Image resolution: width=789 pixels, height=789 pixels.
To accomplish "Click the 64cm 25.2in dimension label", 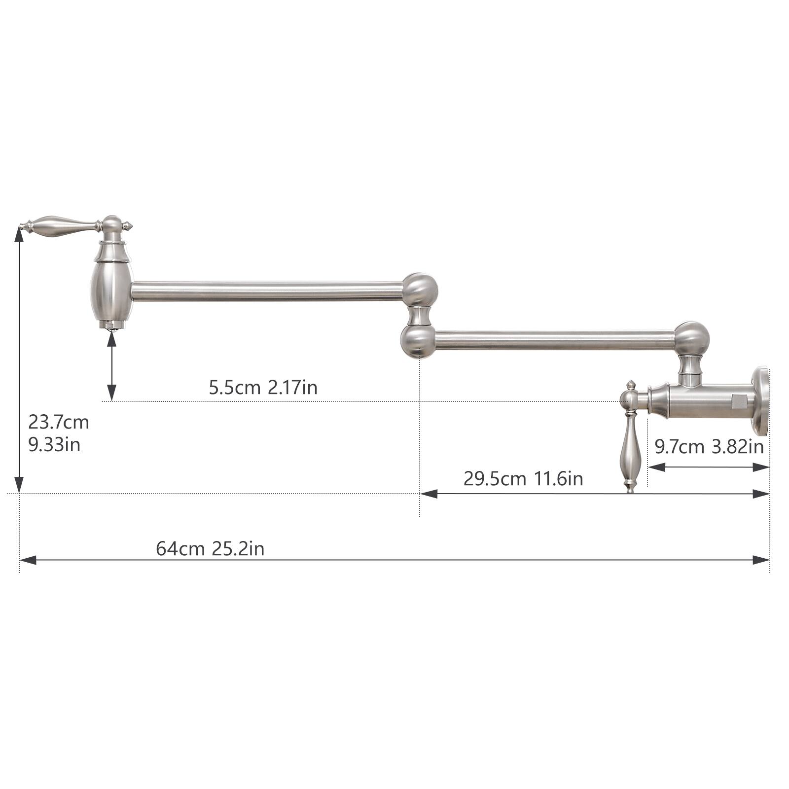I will pyautogui.click(x=210, y=548).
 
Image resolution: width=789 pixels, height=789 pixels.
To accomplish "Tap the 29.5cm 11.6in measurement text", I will pyautogui.click(x=523, y=478).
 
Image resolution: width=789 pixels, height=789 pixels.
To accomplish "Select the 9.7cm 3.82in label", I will pyautogui.click(x=709, y=447).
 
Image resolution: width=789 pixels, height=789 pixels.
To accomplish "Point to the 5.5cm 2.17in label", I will pyautogui.click(x=263, y=388).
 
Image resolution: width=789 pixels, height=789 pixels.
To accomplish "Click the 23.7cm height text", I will pyautogui.click(x=58, y=422).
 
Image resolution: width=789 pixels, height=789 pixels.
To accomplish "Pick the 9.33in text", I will pyautogui.click(x=54, y=445).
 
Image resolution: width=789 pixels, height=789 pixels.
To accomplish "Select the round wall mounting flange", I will pyautogui.click(x=761, y=401).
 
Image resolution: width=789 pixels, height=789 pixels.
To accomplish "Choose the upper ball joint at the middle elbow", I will pyautogui.click(x=420, y=289).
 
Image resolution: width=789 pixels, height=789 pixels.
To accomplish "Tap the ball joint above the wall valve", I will pyautogui.click(x=691, y=338).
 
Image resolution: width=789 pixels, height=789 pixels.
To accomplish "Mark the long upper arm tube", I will pyautogui.click(x=266, y=291).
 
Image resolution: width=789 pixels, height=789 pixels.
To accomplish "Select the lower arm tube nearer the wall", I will pyautogui.click(x=555, y=341).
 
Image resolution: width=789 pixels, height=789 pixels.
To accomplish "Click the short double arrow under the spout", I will pyautogui.click(x=112, y=365).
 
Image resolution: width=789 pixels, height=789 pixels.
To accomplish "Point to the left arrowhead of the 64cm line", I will pyautogui.click(x=28, y=560).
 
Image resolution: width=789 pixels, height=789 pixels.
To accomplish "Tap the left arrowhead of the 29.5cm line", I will pyautogui.click(x=429, y=494).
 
